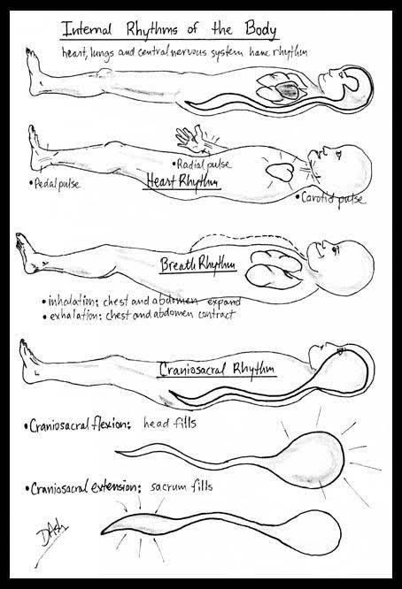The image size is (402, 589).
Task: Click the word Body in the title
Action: pos(260,29)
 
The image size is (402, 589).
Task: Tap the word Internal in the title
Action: pos(87,29)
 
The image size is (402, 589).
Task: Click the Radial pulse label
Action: pos(202,164)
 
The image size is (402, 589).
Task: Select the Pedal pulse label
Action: pos(55,184)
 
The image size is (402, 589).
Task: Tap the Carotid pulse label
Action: pos(330,198)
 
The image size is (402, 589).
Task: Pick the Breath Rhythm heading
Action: pos(198,264)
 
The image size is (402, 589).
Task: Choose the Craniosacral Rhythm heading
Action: pos(217,369)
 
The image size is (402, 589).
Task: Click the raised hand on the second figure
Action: pos(192,138)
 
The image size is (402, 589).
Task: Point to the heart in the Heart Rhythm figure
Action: pos(280,172)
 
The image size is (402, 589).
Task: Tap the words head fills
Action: pos(170,424)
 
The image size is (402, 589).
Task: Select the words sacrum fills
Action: pos(182,486)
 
